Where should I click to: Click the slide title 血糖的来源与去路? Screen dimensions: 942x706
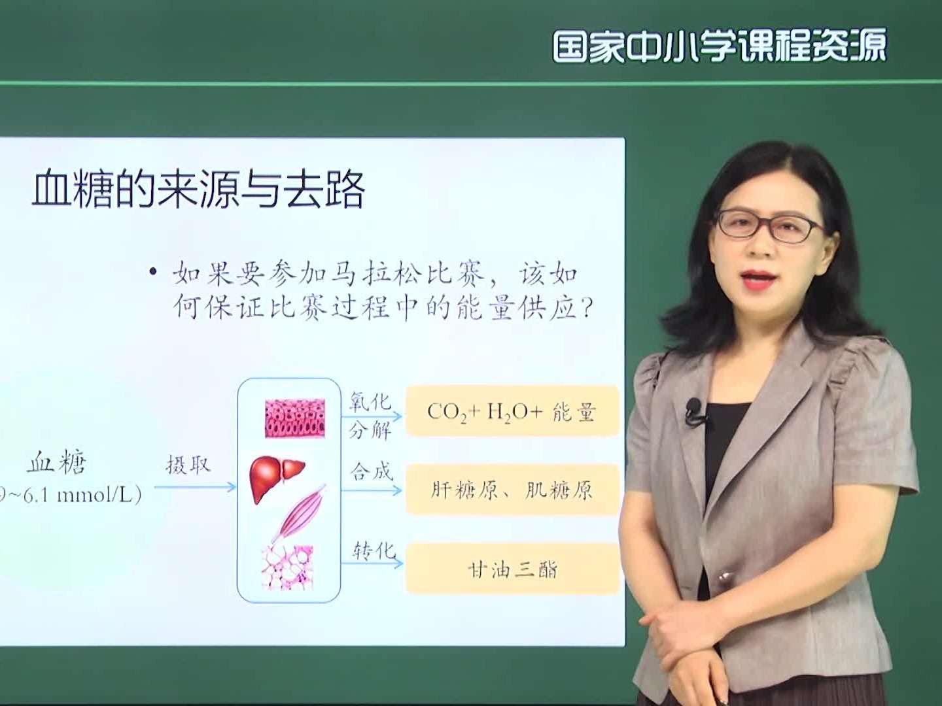click(x=198, y=190)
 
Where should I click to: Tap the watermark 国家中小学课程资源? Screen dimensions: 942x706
click(x=720, y=46)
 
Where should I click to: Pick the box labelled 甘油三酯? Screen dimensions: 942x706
click(x=512, y=569)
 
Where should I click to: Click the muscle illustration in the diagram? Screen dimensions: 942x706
click(x=299, y=513)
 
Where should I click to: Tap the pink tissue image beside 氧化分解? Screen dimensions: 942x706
click(x=294, y=418)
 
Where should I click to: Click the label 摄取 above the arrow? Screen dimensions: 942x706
click(x=188, y=465)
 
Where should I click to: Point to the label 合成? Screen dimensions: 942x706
click(x=371, y=471)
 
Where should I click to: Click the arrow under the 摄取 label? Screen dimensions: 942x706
click(x=195, y=487)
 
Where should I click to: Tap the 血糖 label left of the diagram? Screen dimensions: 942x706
click(x=57, y=463)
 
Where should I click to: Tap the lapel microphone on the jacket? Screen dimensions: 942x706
click(x=693, y=412)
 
